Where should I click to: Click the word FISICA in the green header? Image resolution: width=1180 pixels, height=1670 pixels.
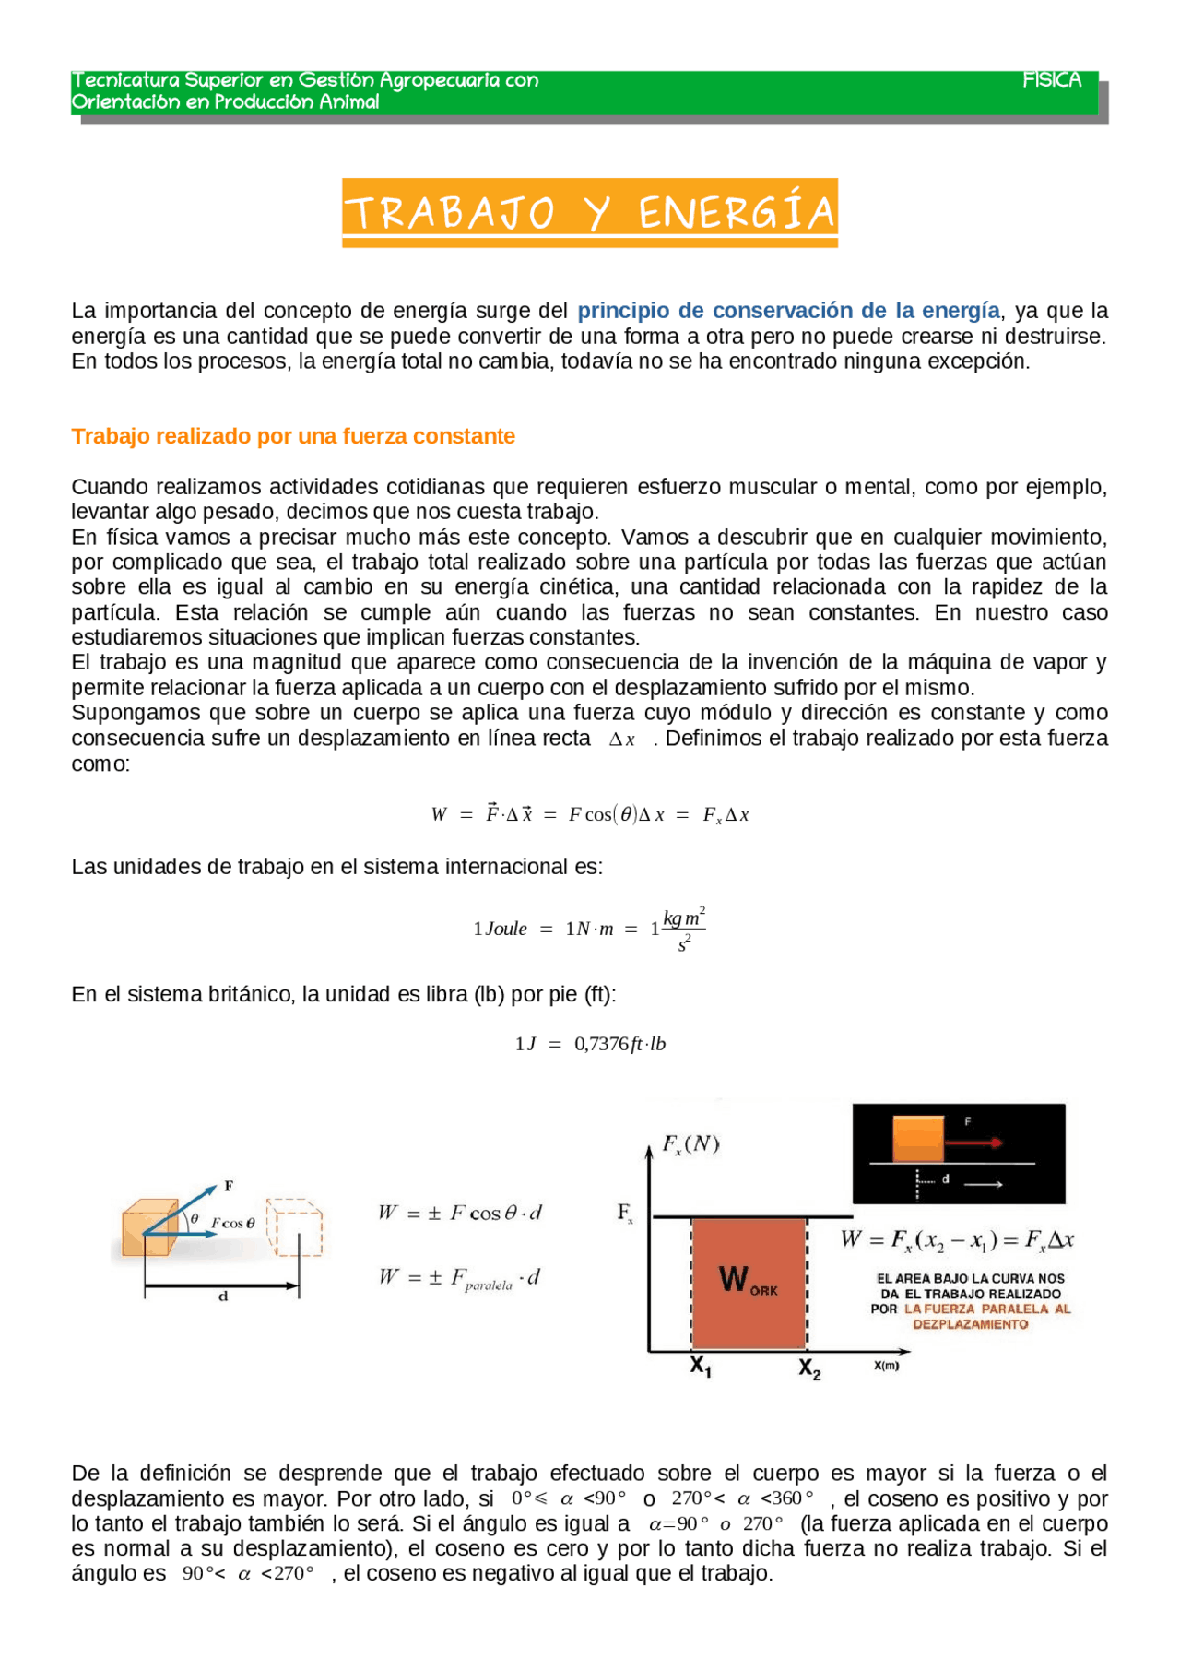[x=1051, y=80]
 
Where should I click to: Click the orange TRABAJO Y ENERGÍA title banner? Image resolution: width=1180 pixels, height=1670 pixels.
[x=590, y=212]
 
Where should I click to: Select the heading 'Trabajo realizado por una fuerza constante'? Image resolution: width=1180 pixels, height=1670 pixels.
[x=293, y=436]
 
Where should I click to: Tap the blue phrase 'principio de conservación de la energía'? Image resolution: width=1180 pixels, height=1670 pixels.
[x=788, y=311]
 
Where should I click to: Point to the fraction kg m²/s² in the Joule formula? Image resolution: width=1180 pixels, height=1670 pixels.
[x=683, y=930]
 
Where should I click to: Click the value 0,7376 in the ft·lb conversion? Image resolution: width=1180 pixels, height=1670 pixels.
[x=601, y=1044]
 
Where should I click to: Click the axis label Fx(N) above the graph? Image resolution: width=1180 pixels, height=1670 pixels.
[x=690, y=1144]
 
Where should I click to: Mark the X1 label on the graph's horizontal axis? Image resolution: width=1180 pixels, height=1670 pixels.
[x=701, y=1367]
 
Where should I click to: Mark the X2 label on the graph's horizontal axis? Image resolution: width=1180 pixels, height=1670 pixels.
[x=809, y=1368]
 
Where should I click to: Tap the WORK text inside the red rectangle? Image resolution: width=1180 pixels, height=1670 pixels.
[x=747, y=1281]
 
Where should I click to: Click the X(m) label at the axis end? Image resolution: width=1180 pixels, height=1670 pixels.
[x=886, y=1366]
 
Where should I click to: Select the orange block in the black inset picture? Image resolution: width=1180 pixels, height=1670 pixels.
[x=918, y=1140]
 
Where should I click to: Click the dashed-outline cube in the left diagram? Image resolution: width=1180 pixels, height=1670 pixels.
[x=295, y=1227]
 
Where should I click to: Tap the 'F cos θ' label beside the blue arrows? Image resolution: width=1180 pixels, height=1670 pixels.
[x=233, y=1224]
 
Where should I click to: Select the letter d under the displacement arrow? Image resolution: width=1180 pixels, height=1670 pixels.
[x=222, y=1297]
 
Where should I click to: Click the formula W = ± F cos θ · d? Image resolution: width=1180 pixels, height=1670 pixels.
[x=459, y=1213]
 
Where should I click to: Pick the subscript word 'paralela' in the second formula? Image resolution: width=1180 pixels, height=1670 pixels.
[x=489, y=1285]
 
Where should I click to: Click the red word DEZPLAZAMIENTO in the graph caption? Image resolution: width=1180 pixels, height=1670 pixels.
[x=970, y=1324]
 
